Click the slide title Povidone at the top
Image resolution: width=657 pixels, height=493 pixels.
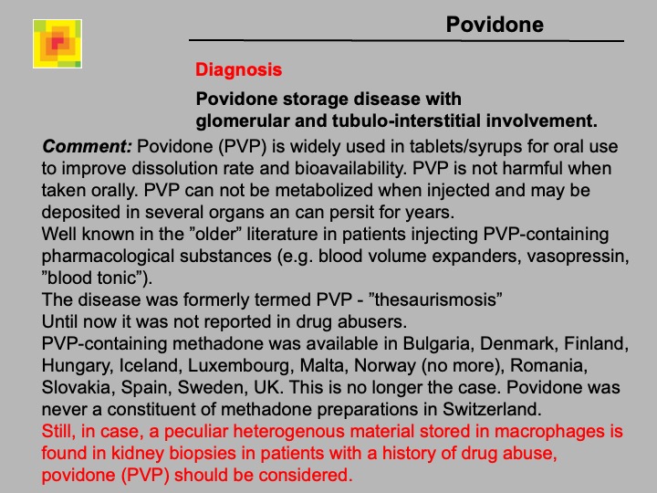(x=494, y=25)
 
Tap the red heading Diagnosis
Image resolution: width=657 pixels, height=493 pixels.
(x=238, y=70)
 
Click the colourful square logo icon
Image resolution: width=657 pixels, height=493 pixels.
(x=57, y=44)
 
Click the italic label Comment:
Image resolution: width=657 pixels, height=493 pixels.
(x=88, y=146)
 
